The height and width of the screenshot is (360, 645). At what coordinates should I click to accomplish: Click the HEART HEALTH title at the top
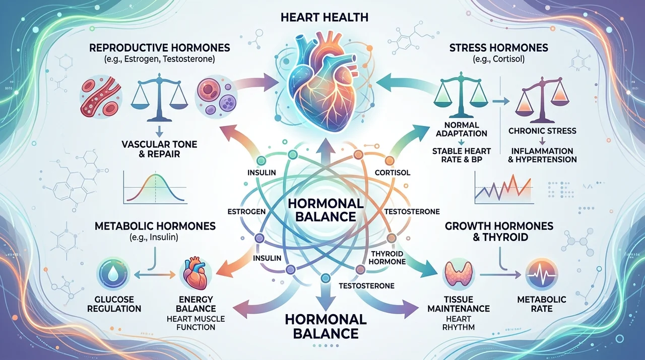coord(325,17)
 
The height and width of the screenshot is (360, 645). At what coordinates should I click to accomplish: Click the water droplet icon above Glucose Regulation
coord(114,274)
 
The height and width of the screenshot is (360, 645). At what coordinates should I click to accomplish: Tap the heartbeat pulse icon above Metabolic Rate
coord(542,274)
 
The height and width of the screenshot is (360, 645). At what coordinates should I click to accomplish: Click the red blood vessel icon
coord(101,98)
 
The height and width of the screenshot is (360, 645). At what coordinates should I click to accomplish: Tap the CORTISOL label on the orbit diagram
coord(393,172)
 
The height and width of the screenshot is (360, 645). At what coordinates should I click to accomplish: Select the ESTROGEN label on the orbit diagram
coord(246,212)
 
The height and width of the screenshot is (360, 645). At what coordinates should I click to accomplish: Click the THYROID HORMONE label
coord(387,258)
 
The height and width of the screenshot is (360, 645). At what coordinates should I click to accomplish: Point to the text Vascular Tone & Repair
coord(159,149)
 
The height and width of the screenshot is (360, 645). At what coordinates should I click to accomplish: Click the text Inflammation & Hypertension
coord(542,155)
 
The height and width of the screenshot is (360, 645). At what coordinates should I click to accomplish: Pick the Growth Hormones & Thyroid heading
coord(499,231)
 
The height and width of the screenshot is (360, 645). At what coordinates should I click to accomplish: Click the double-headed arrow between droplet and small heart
coord(155,275)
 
